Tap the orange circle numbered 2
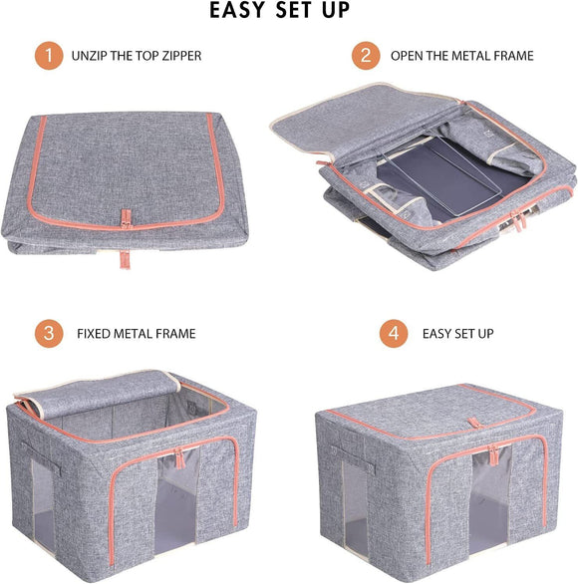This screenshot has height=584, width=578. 366,56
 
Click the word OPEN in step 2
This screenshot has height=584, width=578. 408,56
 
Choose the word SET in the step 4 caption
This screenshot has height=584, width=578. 456,333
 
